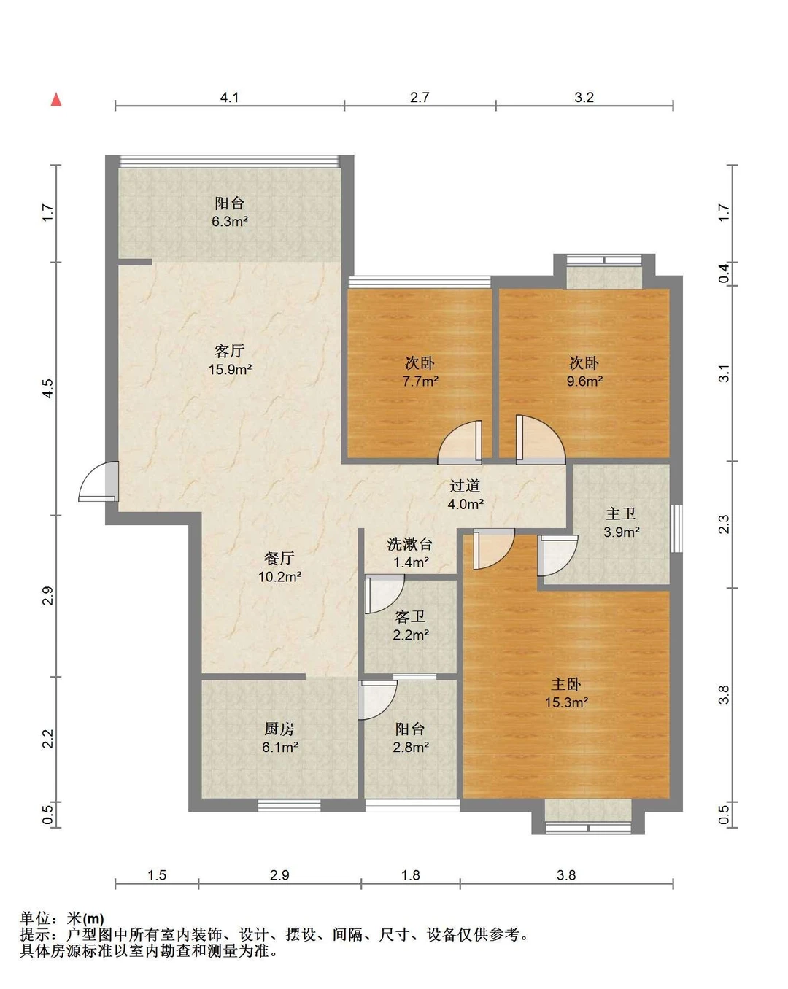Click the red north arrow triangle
point(56,100)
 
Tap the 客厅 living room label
point(229,352)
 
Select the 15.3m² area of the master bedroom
point(566,702)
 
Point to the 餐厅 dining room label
point(279,558)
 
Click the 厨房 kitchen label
point(279,729)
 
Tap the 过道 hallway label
point(465,485)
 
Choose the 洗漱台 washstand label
point(409,544)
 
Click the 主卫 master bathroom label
point(621,513)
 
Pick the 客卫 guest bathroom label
point(410,616)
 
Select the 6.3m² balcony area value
point(229,222)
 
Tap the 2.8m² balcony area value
point(411,747)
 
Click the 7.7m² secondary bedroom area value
point(420,381)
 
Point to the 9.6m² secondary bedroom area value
point(584,381)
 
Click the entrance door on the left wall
point(98,481)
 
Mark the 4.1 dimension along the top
point(229,98)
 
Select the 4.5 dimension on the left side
point(48,388)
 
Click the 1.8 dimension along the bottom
point(411,875)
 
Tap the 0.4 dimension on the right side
point(724,274)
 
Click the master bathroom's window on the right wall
point(676,528)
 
